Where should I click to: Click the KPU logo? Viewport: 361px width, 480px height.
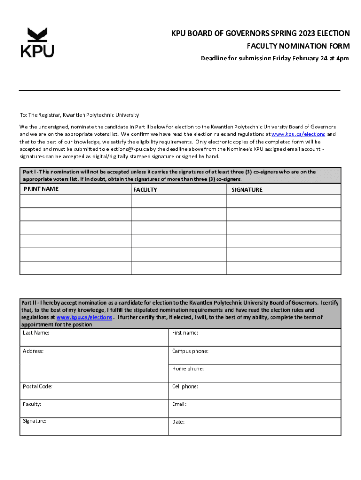pyautogui.click(x=37, y=43)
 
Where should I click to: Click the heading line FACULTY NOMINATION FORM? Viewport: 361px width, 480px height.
pyautogui.click(x=298, y=46)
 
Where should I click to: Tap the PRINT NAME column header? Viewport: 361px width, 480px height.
pyautogui.click(x=41, y=189)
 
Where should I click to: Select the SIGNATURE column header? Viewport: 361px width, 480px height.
pyautogui.click(x=247, y=190)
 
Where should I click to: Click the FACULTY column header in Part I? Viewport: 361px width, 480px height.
pyautogui.click(x=145, y=190)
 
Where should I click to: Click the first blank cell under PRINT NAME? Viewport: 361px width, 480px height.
pyautogui.click(x=75, y=201)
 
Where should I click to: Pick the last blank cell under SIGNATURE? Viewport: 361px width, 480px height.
pyautogui.click(x=284, y=268)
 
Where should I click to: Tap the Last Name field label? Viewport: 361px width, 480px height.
pyautogui.click(x=36, y=333)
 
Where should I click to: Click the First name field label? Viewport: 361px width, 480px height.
pyautogui.click(x=185, y=333)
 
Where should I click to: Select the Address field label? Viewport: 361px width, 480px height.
pyautogui.click(x=33, y=351)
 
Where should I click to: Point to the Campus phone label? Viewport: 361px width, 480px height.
pyautogui.click(x=190, y=351)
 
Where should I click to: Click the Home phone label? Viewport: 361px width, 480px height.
pyautogui.click(x=188, y=368)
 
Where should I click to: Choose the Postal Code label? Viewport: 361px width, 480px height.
pyautogui.click(x=38, y=386)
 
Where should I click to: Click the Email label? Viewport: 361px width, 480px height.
pyautogui.click(x=179, y=404)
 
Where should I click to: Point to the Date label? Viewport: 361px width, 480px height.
pyautogui.click(x=178, y=422)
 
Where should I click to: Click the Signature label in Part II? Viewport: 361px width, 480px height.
pyautogui.click(x=35, y=421)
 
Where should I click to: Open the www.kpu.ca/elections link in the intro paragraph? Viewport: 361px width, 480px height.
pyautogui.click(x=298, y=134)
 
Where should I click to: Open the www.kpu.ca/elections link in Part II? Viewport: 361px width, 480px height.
pyautogui.click(x=84, y=317)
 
